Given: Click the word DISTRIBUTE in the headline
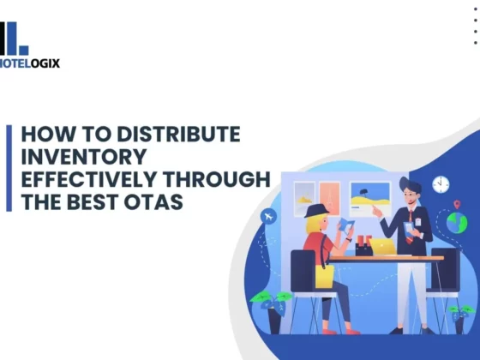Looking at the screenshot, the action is pos(179,134).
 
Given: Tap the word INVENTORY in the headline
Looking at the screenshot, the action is pos(84,156).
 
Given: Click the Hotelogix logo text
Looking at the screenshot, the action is pos(30,63).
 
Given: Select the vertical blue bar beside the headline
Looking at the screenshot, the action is pos(9,168).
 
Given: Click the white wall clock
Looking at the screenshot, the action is pos(441,184).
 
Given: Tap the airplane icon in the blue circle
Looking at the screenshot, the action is pos(268,216).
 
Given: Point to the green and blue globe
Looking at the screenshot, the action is pos(457,223).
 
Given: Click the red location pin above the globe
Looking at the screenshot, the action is pos(457,204).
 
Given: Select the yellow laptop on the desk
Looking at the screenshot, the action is pos(382,247).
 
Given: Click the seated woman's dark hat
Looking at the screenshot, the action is pos(315,211).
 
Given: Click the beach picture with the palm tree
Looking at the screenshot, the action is pos(370,196).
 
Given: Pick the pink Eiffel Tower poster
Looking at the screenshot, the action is pos(330,199).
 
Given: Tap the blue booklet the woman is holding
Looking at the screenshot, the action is pos(345,225).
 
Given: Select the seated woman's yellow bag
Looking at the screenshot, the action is pos(325,277).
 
